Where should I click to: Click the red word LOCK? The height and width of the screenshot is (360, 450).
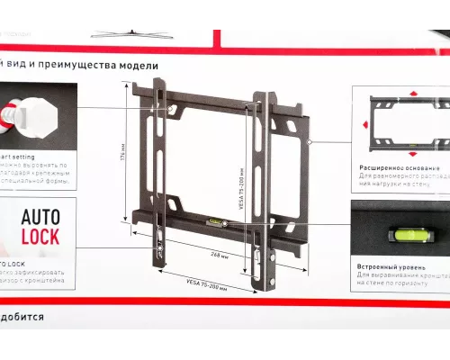pyautogui.click(x=41, y=238)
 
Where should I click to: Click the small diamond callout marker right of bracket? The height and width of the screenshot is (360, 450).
pyautogui.click(x=309, y=143)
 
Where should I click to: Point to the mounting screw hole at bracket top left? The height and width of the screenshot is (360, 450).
pyautogui.click(x=171, y=110)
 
